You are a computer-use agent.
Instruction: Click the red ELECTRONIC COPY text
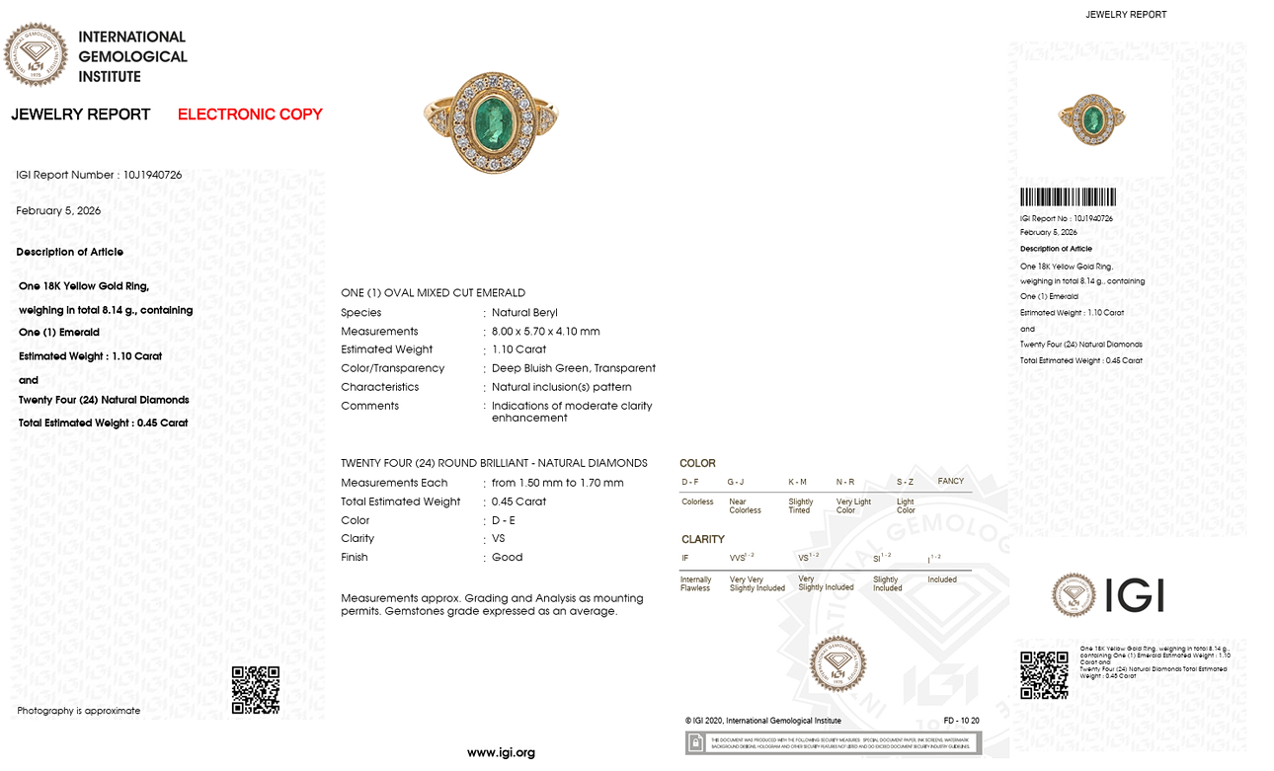pos(250,115)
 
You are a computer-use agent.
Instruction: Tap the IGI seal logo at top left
pos(36,54)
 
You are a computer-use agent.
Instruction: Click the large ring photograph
pos(491,121)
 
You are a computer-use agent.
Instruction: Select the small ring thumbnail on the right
pos(1091,119)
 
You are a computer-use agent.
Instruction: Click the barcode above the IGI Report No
pos(1068,196)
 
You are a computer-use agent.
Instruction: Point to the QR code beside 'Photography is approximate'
pos(255,690)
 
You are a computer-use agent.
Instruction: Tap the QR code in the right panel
pos(1044,675)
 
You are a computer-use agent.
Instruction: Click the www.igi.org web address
pos(501,752)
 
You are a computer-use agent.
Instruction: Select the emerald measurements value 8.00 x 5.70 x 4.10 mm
pos(546,332)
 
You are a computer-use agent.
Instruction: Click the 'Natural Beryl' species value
pos(524,313)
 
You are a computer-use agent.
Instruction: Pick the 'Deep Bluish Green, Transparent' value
pos(574,368)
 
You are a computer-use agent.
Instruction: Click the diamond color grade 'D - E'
pos(504,520)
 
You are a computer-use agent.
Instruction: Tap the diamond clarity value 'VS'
pos(499,539)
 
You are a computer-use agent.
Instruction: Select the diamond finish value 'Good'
pos(508,558)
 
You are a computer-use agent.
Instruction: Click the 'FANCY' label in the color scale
pos(950,482)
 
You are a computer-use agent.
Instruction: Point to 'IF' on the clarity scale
pos(685,559)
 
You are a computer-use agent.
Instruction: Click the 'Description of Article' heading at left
pos(69,252)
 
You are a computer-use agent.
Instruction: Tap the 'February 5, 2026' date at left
pos(58,211)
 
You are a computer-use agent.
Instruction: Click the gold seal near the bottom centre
pos(837,663)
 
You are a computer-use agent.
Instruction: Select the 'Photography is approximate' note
pos(78,711)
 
